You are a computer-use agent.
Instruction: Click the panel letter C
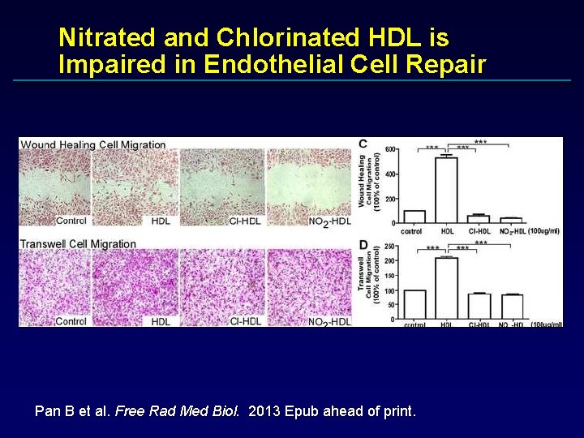[x=363, y=144]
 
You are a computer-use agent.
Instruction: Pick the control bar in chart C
[x=414, y=217]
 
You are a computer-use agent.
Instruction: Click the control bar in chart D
[x=414, y=304]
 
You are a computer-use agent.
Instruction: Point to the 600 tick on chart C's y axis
[x=390, y=149]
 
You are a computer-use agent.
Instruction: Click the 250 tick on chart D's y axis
[x=390, y=247]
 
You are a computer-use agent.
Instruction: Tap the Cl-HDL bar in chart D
[x=479, y=306]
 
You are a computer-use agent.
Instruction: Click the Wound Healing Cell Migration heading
[x=93, y=145]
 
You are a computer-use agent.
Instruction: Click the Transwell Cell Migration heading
[x=78, y=244]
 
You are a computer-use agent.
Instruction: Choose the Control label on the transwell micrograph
[x=71, y=321]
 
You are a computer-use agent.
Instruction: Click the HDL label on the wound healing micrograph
[x=161, y=221]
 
